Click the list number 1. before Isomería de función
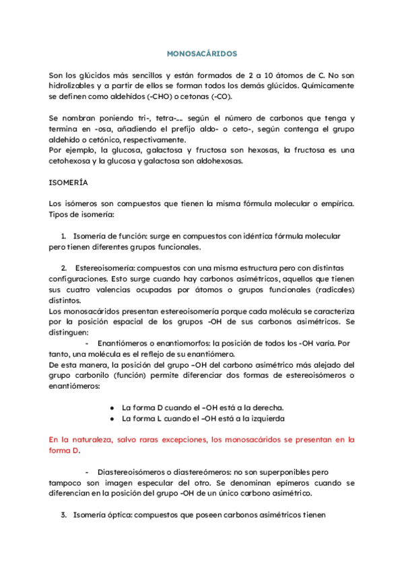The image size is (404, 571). click(63, 236)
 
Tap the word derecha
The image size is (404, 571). click(266, 407)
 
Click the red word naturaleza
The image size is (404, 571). click(93, 440)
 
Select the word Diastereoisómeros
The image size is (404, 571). click(135, 472)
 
